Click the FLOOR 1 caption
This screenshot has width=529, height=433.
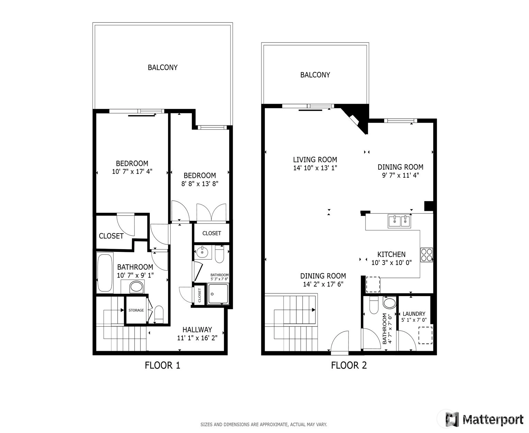tap(162, 365)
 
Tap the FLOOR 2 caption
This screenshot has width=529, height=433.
tap(349, 365)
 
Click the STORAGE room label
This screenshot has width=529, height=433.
tap(136, 310)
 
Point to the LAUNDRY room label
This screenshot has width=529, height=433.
tap(414, 314)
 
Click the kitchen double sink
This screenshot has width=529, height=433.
tap(399, 221)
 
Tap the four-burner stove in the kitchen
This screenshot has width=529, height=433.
tap(426, 255)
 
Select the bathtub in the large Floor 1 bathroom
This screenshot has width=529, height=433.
tap(105, 273)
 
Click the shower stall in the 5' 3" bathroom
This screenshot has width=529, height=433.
tap(218, 294)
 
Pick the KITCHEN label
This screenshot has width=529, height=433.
tap(391, 254)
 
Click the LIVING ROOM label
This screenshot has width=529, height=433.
tap(315, 159)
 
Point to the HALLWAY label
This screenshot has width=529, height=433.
tap(197, 329)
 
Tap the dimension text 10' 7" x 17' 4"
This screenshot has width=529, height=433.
tap(132, 171)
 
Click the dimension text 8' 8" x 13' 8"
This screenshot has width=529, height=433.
tap(200, 184)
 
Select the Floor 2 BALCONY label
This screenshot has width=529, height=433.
tap(315, 75)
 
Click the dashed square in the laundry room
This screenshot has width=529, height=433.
tap(425, 335)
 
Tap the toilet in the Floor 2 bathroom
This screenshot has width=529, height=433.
tap(374, 305)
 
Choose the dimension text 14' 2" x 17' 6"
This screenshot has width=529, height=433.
tap(323, 284)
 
